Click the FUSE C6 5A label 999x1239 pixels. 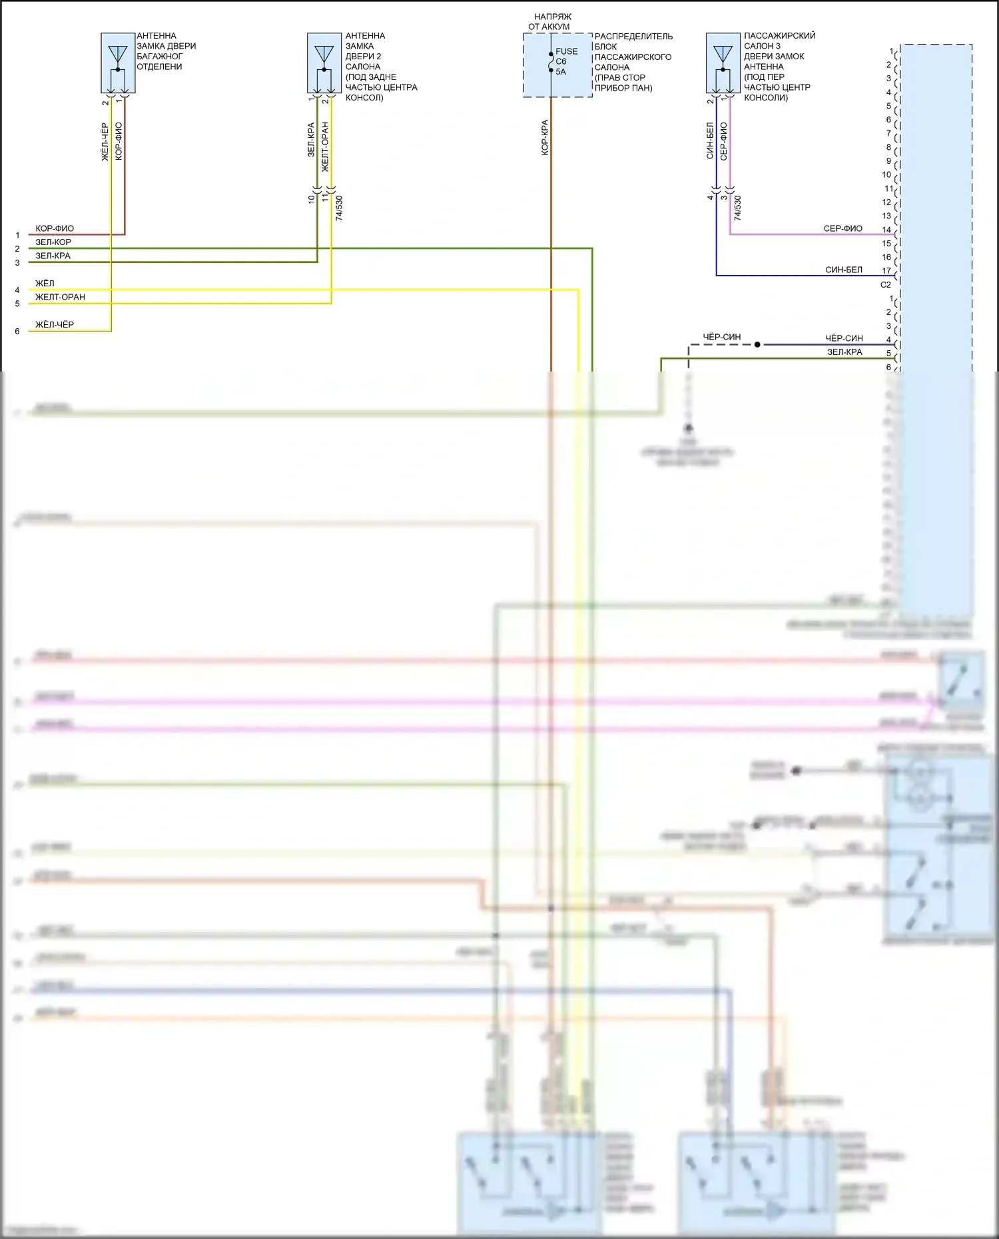(566, 61)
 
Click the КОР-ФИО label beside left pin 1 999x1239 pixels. (55, 228)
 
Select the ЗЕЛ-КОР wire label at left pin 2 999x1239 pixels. (53, 242)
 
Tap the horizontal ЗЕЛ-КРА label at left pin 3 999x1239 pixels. (53, 256)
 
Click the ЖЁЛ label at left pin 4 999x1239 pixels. (45, 284)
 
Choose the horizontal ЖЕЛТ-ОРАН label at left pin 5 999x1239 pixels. (60, 297)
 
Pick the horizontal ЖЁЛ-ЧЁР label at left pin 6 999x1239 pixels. (55, 325)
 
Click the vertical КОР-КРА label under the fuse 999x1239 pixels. (545, 138)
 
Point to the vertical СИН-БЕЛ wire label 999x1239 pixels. (710, 140)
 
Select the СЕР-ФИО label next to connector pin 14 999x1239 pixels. (842, 228)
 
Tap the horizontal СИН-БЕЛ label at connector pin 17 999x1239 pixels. (843, 270)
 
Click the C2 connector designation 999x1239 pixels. (885, 285)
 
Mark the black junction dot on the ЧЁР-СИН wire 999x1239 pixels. (757, 345)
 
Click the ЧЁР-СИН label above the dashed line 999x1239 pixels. (722, 337)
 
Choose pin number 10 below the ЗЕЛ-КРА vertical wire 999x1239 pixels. (311, 198)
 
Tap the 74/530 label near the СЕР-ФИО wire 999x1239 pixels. (737, 208)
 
